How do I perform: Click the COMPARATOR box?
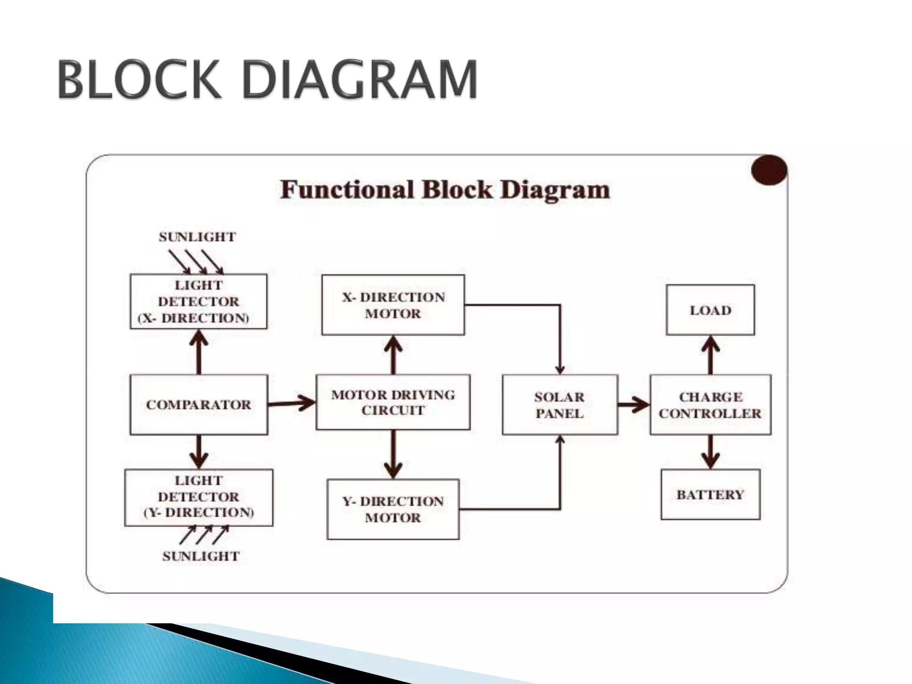[199, 404]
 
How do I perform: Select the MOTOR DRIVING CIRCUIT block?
[393, 402]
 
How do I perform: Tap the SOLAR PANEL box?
[560, 405]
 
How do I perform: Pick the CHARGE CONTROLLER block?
[710, 405]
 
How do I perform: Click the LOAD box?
[710, 310]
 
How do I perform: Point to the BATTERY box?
[710, 494]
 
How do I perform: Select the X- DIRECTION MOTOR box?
[393, 305]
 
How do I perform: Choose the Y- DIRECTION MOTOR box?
[393, 509]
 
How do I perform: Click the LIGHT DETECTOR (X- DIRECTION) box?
[199, 301]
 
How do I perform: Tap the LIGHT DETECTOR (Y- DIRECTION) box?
[199, 497]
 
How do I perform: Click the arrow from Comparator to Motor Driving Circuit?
[292, 403]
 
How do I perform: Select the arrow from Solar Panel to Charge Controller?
[634, 405]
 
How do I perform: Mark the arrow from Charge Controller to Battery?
[711, 452]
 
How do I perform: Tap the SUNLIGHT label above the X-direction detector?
[197, 237]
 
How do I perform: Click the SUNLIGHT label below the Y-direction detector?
[201, 556]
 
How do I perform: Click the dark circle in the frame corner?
[769, 170]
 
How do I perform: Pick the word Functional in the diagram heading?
[347, 190]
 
